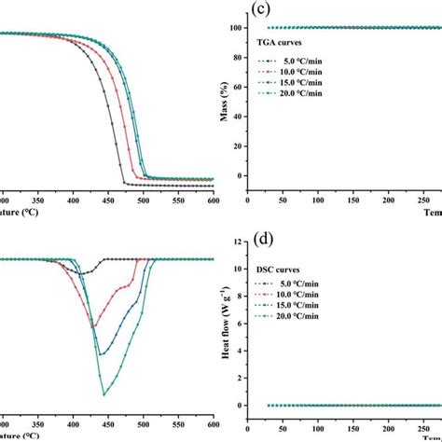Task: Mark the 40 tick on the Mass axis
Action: pos(237,116)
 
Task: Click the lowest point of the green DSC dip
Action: pos(104,394)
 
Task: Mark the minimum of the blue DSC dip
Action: pos(101,354)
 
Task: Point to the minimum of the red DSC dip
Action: pos(93,326)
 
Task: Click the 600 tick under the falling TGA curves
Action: pos(213,199)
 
